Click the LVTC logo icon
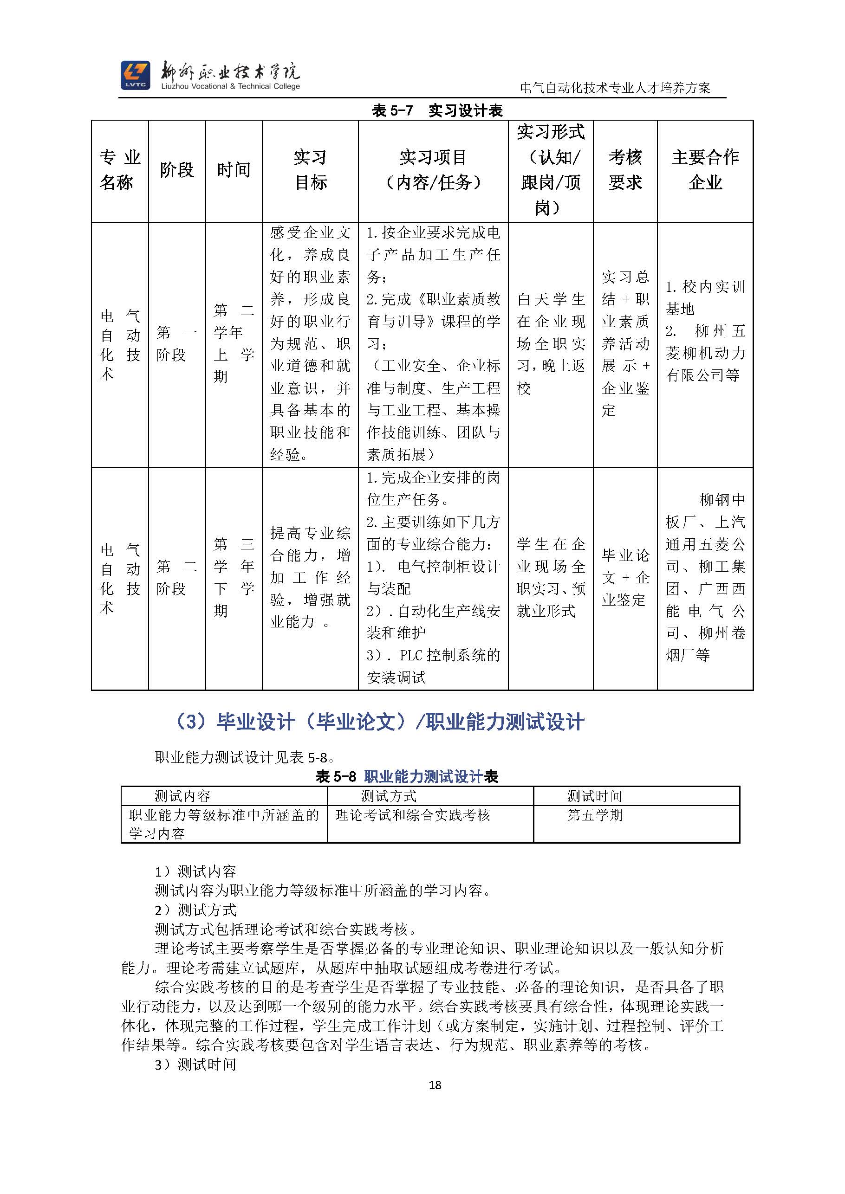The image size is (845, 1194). pyautogui.click(x=135, y=75)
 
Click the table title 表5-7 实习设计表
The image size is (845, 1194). pyautogui.click(x=437, y=110)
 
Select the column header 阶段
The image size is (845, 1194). pyautogui.click(x=177, y=170)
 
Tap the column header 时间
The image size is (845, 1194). pyautogui.click(x=234, y=170)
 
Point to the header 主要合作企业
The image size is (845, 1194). pyautogui.click(x=705, y=170)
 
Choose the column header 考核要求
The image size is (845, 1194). pyautogui.click(x=625, y=170)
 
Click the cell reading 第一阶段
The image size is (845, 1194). pyautogui.click(x=177, y=344)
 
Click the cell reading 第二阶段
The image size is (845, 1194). pyautogui.click(x=177, y=578)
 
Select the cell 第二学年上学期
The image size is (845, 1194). pyautogui.click(x=234, y=344)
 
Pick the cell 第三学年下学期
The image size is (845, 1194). pyautogui.click(x=234, y=578)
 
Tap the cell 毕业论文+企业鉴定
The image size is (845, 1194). pyautogui.click(x=625, y=578)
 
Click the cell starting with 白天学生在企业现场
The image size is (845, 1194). pyautogui.click(x=551, y=344)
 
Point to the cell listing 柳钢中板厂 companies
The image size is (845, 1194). pyautogui.click(x=705, y=578)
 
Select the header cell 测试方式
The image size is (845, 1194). pyautogui.click(x=389, y=796)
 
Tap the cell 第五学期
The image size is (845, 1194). pyautogui.click(x=595, y=815)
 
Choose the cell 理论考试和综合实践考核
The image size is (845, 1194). pyautogui.click(x=413, y=815)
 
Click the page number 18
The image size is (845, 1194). pyautogui.click(x=435, y=1085)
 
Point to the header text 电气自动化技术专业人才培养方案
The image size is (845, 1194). pyautogui.click(x=615, y=88)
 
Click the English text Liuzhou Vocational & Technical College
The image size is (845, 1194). pyautogui.click(x=230, y=86)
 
